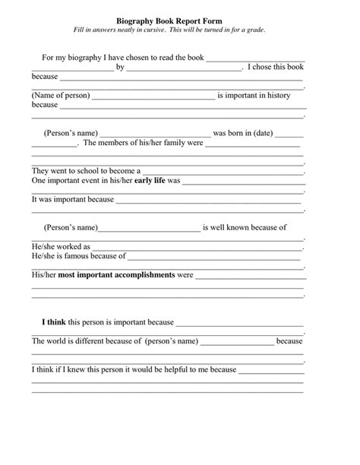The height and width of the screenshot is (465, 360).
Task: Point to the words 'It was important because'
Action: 72,200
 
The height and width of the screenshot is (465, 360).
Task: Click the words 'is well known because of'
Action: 245,227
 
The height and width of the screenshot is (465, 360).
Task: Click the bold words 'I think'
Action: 54,322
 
